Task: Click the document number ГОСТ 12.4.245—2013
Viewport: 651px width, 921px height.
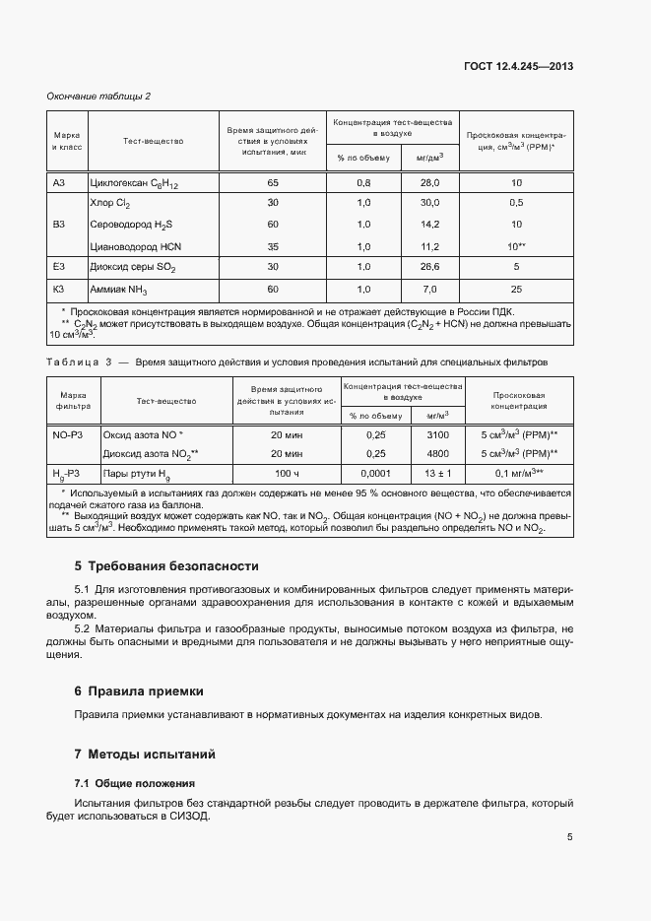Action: (x=519, y=66)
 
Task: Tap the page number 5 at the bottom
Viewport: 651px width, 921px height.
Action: (x=570, y=837)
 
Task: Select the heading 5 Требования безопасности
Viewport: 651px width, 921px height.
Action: (x=166, y=566)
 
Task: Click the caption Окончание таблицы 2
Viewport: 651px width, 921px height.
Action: (x=98, y=96)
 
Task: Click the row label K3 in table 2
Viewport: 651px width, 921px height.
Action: (x=58, y=289)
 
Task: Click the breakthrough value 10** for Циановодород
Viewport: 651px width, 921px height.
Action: (x=516, y=246)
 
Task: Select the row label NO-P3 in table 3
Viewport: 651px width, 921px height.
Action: (x=67, y=434)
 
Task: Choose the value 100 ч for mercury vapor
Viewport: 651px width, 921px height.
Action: (x=287, y=474)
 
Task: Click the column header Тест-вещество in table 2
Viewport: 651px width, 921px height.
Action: (x=153, y=142)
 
